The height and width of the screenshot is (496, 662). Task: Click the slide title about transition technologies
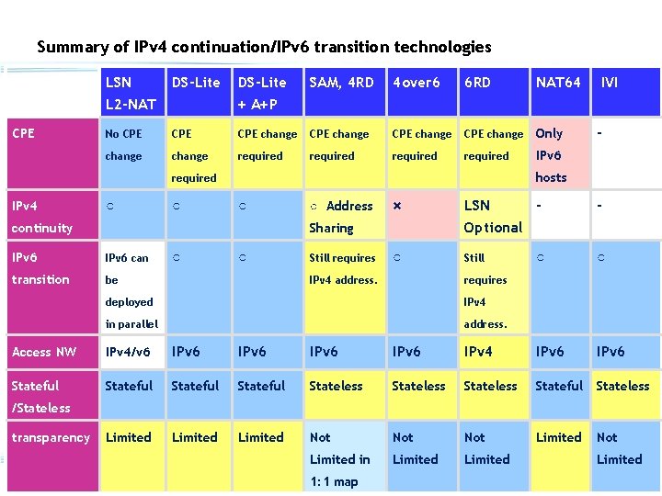click(264, 47)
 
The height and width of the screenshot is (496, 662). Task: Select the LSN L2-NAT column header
click(130, 94)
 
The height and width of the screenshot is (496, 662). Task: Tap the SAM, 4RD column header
click(341, 83)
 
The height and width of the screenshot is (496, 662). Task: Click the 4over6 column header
click(417, 83)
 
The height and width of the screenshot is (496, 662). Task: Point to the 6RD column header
click(477, 83)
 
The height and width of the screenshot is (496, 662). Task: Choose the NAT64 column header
click(558, 83)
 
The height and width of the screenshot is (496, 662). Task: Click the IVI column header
click(609, 83)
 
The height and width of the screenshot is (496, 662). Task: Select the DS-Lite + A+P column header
click(262, 94)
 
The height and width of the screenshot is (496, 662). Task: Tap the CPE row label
click(23, 133)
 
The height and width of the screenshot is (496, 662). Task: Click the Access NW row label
click(43, 352)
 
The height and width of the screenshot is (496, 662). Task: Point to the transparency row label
click(51, 437)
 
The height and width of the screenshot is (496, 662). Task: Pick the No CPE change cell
click(124, 145)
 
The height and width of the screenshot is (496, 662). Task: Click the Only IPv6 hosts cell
click(551, 155)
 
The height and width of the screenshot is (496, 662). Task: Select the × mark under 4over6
click(397, 206)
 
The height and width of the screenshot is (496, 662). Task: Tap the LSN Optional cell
click(493, 217)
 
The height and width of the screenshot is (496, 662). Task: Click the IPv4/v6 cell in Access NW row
click(128, 352)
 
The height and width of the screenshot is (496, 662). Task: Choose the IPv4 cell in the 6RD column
click(478, 352)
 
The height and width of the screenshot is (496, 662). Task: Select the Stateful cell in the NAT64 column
click(559, 386)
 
